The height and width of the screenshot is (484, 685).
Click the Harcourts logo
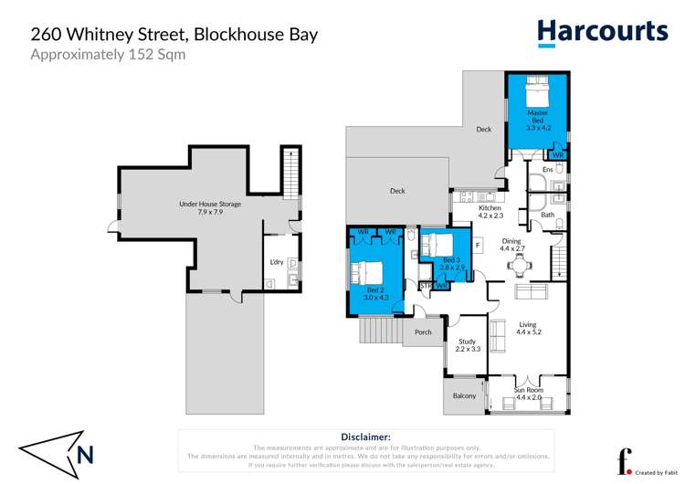[602, 33]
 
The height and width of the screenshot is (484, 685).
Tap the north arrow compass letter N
[85, 454]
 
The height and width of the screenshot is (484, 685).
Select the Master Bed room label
[537, 121]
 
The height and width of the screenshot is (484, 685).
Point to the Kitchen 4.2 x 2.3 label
[490, 212]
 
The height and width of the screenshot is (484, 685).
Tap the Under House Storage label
[210, 207]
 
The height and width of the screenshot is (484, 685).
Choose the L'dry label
[276, 263]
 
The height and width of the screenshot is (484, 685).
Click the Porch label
[423, 331]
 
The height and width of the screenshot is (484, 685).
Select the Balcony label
[465, 395]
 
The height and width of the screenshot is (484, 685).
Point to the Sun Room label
[529, 394]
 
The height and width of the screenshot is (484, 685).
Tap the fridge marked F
[477, 245]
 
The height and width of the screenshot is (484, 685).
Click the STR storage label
[426, 286]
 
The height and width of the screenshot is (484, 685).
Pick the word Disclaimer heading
[365, 437]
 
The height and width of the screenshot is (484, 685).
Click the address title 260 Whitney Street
[174, 34]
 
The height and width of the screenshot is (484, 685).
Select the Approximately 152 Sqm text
[108, 54]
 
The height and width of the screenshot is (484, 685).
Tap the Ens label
[548, 170]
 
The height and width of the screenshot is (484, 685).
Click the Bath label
[548, 216]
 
